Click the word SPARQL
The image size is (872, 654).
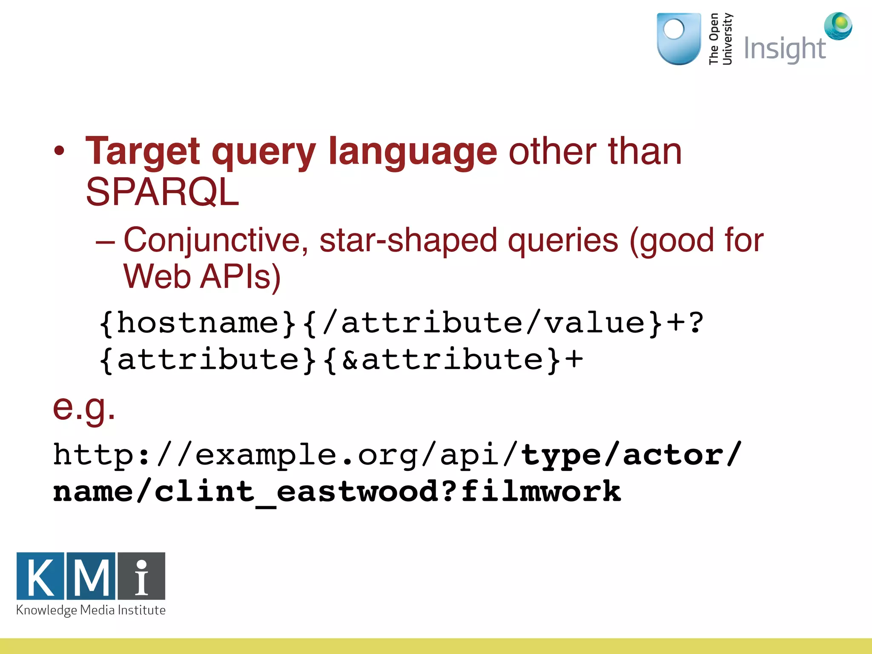coord(162,192)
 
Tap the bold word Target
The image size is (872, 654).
coord(143,152)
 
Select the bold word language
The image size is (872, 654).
coord(413,152)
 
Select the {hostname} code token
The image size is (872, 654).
coord(197,323)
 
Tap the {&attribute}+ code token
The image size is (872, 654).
coord(453,360)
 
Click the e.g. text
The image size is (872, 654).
coord(84,407)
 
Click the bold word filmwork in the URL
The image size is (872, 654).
coord(541,492)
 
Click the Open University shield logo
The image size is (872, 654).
coord(679,39)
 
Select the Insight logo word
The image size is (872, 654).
coord(784,49)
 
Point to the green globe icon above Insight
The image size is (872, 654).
coord(838,26)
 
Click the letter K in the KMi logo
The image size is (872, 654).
coord(41,576)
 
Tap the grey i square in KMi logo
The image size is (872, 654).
coord(141,576)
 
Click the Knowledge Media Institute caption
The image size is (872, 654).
coord(91,611)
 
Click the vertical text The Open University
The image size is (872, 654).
coord(720,39)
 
